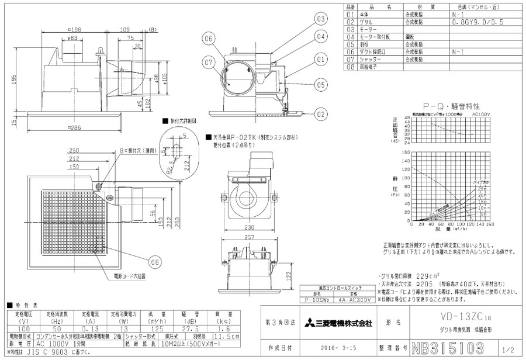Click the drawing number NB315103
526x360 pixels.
tap(448, 349)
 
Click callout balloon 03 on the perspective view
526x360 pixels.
tap(321, 19)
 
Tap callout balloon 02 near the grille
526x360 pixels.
tap(321, 115)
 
